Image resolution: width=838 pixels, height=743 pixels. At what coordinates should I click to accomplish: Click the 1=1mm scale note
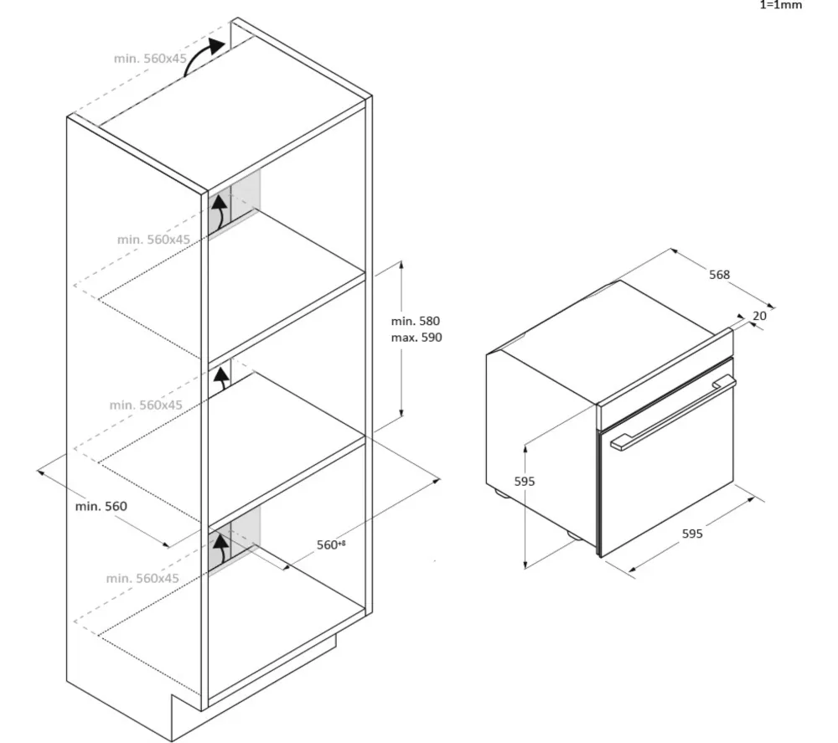click(781, 6)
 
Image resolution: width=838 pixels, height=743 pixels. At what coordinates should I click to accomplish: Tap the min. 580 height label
click(416, 321)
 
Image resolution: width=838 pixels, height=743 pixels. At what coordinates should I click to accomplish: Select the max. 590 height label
click(416, 338)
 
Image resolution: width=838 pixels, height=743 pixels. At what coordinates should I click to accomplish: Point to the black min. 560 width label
click(101, 506)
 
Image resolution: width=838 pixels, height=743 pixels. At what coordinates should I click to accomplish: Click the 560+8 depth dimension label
click(331, 545)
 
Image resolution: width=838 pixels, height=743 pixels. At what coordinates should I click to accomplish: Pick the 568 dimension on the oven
click(719, 275)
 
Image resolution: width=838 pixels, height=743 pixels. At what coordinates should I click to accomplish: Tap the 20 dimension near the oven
click(759, 316)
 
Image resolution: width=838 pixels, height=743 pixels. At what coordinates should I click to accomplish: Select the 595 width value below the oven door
click(691, 534)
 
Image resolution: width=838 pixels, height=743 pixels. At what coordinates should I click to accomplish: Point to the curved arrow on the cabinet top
click(204, 57)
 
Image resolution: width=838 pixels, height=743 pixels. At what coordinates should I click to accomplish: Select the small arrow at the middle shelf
click(221, 379)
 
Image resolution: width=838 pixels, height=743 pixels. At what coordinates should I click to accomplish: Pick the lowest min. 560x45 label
click(142, 579)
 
